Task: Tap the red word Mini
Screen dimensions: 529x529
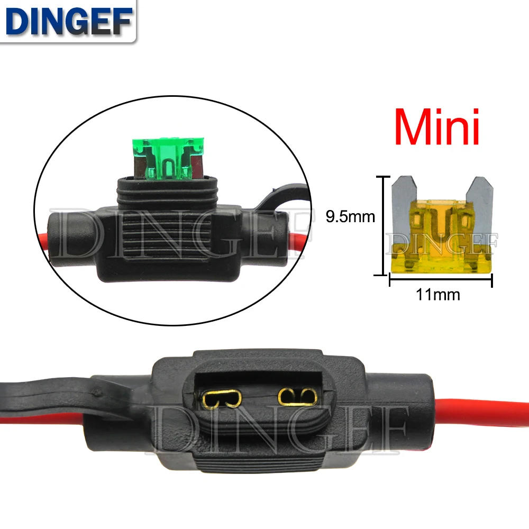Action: [x=437, y=127]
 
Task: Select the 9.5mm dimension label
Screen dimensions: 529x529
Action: [x=350, y=216]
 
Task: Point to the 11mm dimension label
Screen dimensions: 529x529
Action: [x=438, y=295]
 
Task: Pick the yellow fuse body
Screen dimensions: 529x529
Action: [x=441, y=236]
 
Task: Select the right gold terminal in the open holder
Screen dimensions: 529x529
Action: [x=297, y=397]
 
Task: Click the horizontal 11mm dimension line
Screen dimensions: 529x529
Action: [x=441, y=279]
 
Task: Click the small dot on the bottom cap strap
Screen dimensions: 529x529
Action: [x=97, y=393]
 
